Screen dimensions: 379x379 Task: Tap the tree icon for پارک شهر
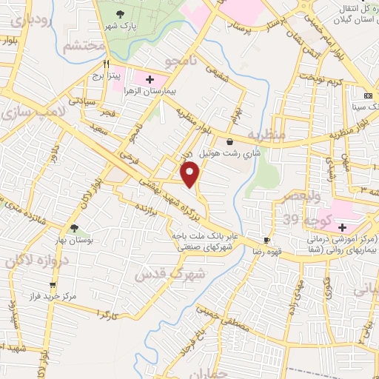[x=122, y=13]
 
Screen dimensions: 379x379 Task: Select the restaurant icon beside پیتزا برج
[x=107, y=64]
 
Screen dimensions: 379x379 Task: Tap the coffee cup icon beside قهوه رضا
[x=266, y=241]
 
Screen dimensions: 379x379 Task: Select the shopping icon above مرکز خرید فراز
[x=53, y=284]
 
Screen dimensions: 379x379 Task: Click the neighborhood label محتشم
[x=81, y=47]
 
